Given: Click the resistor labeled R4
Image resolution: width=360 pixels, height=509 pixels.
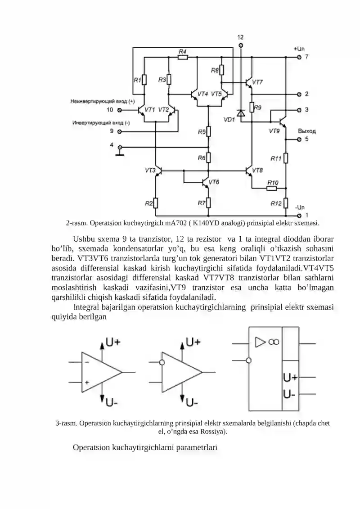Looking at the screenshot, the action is click(x=183, y=58).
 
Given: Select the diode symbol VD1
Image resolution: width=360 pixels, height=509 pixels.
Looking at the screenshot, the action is click(x=241, y=113).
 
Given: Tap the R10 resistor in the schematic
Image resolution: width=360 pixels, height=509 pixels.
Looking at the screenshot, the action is click(x=272, y=188).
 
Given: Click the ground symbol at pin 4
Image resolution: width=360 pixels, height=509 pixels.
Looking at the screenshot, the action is click(x=120, y=152).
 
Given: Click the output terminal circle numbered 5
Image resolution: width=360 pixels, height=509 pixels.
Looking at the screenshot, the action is click(x=299, y=140).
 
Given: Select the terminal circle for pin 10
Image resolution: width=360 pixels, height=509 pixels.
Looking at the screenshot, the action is click(x=119, y=110).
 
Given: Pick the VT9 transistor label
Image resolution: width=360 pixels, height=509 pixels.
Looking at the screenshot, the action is click(x=274, y=131).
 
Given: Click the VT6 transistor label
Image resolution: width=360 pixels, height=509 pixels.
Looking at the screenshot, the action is click(x=214, y=182).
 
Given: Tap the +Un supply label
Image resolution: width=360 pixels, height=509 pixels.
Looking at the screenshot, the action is click(x=299, y=49).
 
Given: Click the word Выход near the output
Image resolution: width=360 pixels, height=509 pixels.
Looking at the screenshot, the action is click(x=307, y=131).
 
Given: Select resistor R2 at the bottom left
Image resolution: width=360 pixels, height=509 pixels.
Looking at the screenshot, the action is click(x=156, y=203).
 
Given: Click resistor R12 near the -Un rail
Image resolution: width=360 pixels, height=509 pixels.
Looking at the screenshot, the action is click(x=286, y=203).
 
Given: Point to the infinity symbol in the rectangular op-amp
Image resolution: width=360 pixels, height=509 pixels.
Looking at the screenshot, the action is click(x=274, y=342).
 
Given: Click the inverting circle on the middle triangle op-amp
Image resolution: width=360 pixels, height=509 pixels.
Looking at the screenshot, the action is click(x=162, y=363).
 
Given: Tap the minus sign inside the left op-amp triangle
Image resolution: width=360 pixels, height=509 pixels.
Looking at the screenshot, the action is click(x=87, y=363).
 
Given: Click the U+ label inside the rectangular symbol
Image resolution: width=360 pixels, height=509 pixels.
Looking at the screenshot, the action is click(x=290, y=378).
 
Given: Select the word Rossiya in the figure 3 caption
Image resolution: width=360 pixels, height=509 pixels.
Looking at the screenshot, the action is click(x=212, y=432).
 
